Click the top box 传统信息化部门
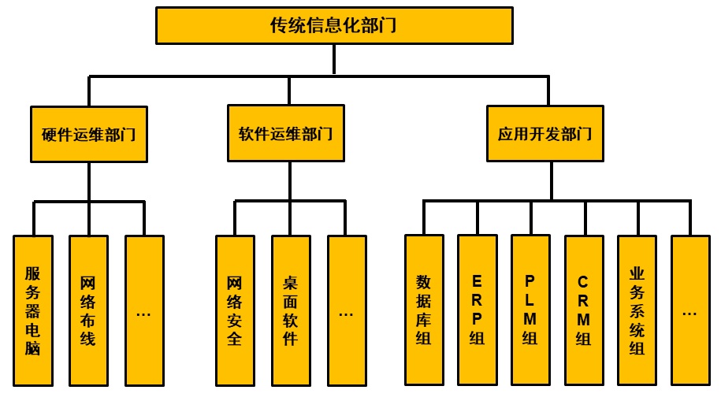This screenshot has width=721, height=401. pos(334,25)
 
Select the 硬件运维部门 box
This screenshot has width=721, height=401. pos(89,133)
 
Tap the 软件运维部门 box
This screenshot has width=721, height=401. pos(285,133)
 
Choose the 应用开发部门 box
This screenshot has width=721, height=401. pos(545,133)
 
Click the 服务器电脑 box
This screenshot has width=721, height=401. pos(33,310)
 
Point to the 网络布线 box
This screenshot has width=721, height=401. pos(88,310)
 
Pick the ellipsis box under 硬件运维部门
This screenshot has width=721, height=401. pos(144,310)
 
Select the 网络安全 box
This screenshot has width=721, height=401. pos(235,310)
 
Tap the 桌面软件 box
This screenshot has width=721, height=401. pos(291,310)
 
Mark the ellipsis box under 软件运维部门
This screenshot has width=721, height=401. pos(347,310)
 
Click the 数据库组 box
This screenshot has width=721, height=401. pos(424,310)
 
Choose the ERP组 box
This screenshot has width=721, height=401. pos(478,310)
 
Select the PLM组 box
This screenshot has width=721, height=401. pos(530,310)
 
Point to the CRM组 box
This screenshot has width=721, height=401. pos(584,310)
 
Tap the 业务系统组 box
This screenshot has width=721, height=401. pos(637,310)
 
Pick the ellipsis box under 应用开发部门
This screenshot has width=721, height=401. pos(690,310)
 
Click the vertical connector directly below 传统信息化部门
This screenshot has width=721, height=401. pos(334,60)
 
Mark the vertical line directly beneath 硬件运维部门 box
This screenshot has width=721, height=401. pos(89,181)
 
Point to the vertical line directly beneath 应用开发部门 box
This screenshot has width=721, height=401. pos(551,180)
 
